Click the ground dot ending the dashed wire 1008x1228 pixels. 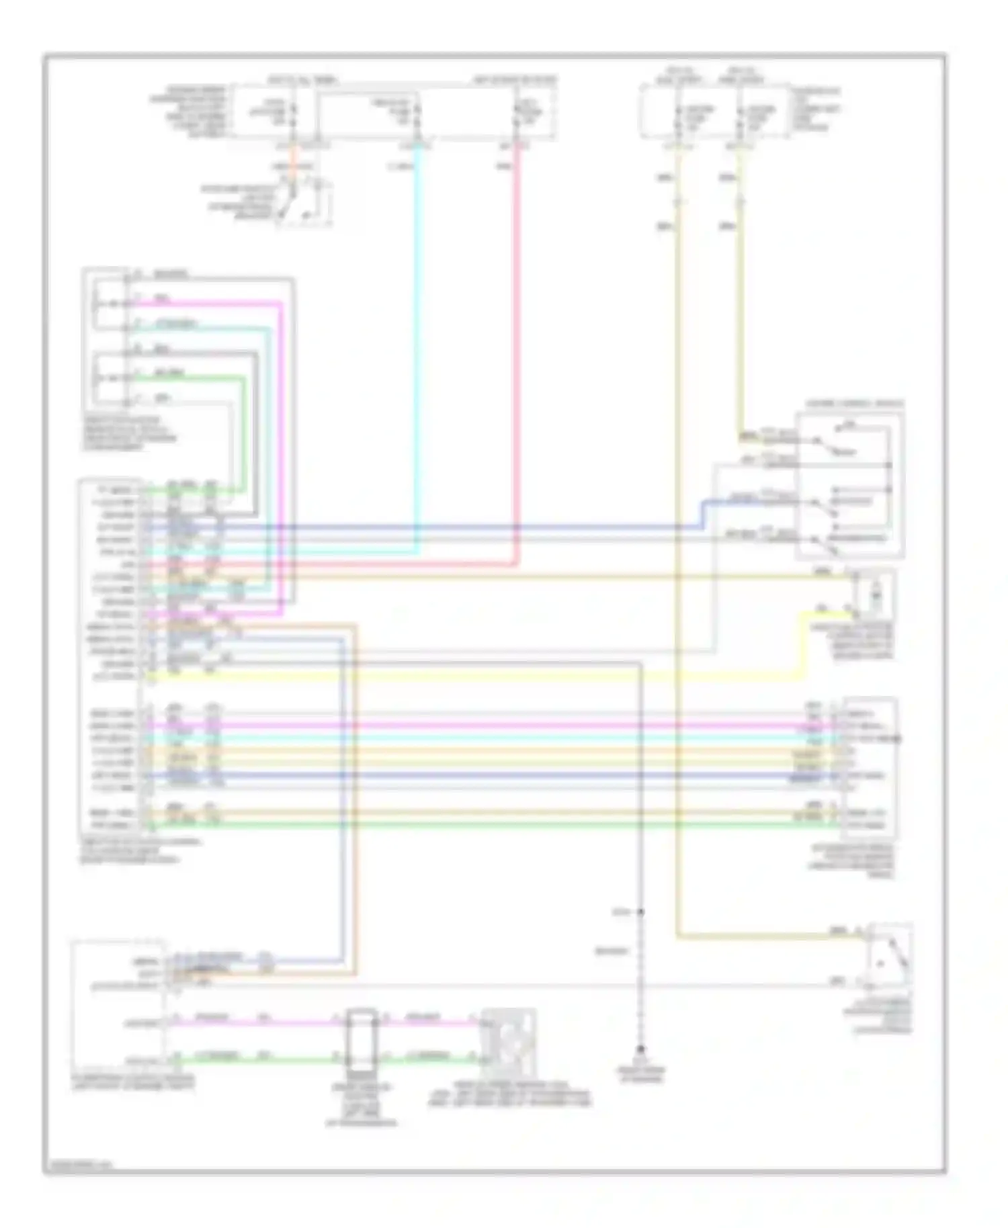(641, 1049)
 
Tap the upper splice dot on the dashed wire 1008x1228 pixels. (641, 912)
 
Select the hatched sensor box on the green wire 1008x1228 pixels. (509, 1038)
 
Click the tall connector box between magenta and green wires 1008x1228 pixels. (362, 1039)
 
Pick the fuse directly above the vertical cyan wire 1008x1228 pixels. (417, 115)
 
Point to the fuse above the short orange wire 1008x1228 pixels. (293, 115)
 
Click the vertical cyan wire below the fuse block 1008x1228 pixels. (418, 336)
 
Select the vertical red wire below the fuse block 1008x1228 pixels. (517, 336)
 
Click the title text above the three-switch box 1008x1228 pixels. (854, 404)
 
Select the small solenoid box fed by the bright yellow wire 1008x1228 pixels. (874, 594)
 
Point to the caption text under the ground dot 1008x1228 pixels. (642, 1073)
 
